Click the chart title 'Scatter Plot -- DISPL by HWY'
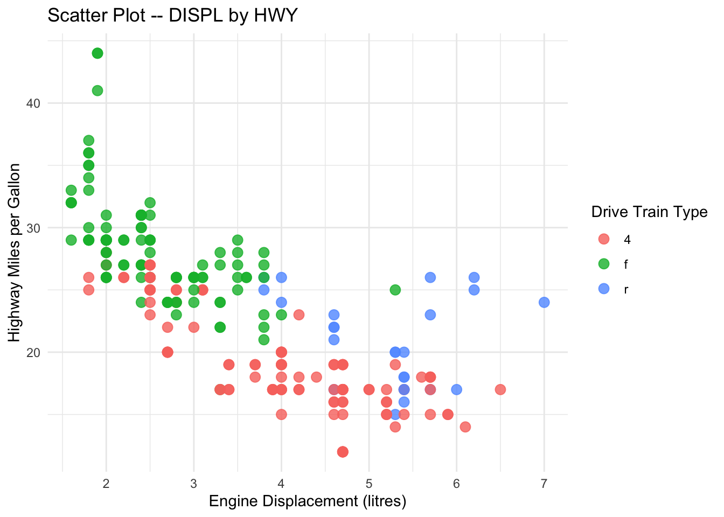[x=172, y=16]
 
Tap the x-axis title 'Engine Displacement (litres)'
[x=308, y=501]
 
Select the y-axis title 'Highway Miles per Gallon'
[x=14, y=253]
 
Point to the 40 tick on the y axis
[x=33, y=103]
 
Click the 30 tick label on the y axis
[x=33, y=228]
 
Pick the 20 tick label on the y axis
[x=33, y=353]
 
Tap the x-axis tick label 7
[x=544, y=484]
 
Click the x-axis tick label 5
[x=369, y=484]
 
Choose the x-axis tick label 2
[x=106, y=484]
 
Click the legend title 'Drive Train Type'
[x=649, y=212]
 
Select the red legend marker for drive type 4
[x=604, y=239]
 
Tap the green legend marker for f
[x=604, y=264]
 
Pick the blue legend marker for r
[x=604, y=289]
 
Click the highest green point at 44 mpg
[x=98, y=53]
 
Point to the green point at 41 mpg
[x=98, y=91]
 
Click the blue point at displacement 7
[x=544, y=303]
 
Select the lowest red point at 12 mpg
[x=343, y=452]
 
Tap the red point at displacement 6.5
[x=500, y=390]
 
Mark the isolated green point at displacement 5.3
[x=395, y=290]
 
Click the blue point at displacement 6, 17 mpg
[x=456, y=390]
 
